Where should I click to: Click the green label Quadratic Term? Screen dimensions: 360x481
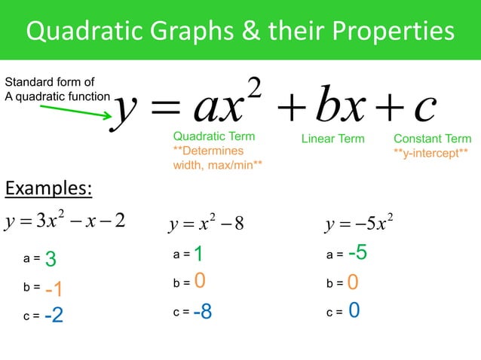(213, 137)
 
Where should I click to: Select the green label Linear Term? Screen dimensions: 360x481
(332, 139)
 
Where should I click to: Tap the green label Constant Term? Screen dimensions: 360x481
(432, 139)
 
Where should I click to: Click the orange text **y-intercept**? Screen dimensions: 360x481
(430, 151)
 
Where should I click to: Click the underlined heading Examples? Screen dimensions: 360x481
(48, 188)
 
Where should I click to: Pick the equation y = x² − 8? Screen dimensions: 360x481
(206, 224)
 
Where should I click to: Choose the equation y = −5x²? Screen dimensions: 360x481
(360, 224)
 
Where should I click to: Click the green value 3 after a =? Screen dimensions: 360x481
(51, 260)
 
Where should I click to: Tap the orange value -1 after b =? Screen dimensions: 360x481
(54, 290)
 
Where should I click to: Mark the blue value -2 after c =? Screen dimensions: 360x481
(54, 317)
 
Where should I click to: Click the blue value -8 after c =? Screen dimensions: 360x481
(202, 311)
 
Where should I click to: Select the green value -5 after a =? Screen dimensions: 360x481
(357, 254)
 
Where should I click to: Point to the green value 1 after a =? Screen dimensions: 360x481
(198, 255)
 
